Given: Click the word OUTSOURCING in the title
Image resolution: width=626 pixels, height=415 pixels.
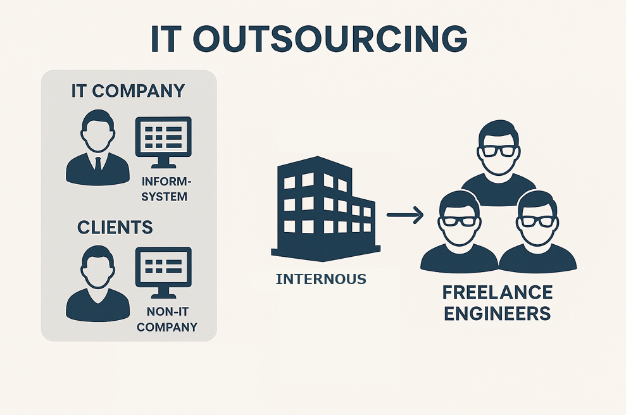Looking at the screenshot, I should pyautogui.click(x=330, y=39).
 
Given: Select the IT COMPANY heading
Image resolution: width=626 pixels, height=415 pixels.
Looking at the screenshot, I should pyautogui.click(x=128, y=90).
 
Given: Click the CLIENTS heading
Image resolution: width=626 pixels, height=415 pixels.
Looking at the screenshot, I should pyautogui.click(x=115, y=226).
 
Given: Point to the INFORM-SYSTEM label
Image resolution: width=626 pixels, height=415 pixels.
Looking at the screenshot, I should pyautogui.click(x=164, y=189).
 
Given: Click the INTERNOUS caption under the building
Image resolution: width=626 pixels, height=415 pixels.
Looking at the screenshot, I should pyautogui.click(x=321, y=278).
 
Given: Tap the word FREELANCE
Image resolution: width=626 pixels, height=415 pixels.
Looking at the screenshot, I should pyautogui.click(x=498, y=293).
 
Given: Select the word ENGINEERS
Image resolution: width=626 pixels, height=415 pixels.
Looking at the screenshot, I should pyautogui.click(x=498, y=313).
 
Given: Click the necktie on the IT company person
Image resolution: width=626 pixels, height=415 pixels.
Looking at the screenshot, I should pyautogui.click(x=97, y=164).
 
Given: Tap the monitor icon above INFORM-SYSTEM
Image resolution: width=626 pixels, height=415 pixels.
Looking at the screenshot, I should pyautogui.click(x=163, y=137).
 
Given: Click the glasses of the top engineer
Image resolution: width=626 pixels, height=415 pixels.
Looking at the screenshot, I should pyautogui.click(x=498, y=151).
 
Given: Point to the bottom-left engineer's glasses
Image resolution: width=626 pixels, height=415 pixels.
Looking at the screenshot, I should pyautogui.click(x=459, y=221).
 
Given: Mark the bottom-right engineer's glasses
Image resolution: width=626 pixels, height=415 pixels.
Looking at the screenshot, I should pyautogui.click(x=537, y=221).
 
